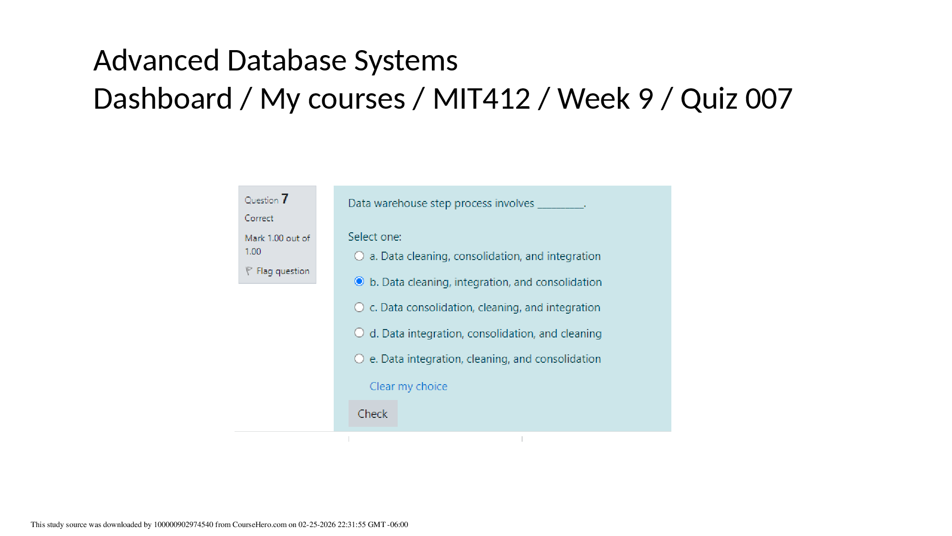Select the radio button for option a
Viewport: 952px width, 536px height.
(x=359, y=256)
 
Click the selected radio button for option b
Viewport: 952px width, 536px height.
(x=359, y=281)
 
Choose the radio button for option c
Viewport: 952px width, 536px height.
(x=359, y=307)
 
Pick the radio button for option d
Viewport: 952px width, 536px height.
(x=359, y=333)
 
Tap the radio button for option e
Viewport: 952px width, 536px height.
(x=359, y=358)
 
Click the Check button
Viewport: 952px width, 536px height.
(x=373, y=413)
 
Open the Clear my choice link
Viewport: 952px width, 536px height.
(x=409, y=386)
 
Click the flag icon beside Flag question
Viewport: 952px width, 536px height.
(x=249, y=271)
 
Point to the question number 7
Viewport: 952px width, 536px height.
(x=285, y=199)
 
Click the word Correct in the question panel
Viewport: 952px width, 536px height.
(x=259, y=218)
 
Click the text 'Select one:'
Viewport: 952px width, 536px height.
(x=375, y=237)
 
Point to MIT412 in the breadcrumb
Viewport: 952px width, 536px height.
(x=481, y=98)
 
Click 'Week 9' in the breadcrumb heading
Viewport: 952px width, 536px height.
(x=605, y=98)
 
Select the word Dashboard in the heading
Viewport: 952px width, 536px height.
(x=163, y=98)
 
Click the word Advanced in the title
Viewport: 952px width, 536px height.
(x=156, y=60)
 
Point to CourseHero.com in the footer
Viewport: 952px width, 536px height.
(x=259, y=525)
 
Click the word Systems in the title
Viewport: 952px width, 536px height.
(x=406, y=61)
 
